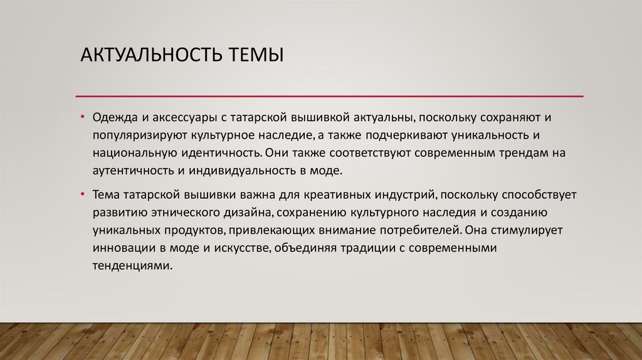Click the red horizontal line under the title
coord(329,96)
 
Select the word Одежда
coord(113,117)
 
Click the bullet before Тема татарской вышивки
coord(83,194)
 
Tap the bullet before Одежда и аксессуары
coord(83,117)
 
